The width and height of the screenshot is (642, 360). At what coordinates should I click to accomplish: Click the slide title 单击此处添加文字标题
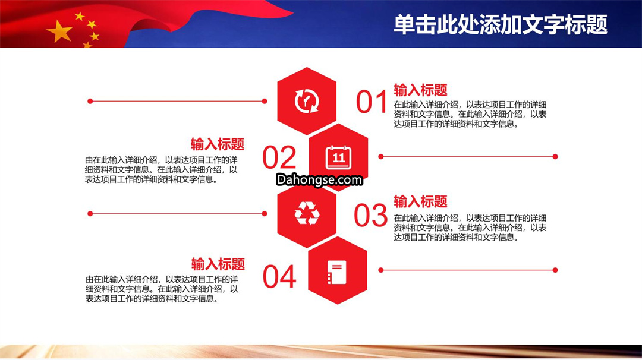click(x=501, y=24)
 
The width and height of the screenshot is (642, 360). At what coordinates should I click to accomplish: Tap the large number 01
click(x=372, y=102)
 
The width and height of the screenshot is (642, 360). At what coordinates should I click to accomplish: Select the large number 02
click(x=279, y=157)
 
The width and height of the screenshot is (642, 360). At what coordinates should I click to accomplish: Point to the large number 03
click(x=370, y=215)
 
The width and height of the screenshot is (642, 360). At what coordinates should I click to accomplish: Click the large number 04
click(x=279, y=277)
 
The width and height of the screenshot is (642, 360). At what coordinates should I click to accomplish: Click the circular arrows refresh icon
click(x=307, y=100)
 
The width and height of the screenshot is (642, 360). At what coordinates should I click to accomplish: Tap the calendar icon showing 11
click(x=338, y=157)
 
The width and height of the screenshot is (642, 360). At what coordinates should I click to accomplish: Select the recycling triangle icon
click(x=307, y=213)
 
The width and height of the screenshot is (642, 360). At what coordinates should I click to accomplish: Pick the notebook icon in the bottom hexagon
click(x=337, y=272)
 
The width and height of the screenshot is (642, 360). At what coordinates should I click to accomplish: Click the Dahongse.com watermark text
click(x=319, y=179)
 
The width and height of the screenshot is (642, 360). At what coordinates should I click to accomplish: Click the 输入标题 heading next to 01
click(x=420, y=90)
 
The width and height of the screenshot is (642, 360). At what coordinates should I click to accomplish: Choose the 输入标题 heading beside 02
click(x=218, y=144)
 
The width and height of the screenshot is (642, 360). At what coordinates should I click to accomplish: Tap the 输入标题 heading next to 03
click(x=420, y=201)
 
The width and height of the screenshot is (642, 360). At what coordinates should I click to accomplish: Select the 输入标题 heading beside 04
click(x=218, y=264)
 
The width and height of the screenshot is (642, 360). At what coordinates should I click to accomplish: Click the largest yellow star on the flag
click(x=60, y=31)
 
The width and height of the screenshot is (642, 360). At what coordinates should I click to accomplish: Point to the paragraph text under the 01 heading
click(x=470, y=114)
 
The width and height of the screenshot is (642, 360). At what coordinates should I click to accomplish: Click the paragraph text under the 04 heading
click(x=162, y=289)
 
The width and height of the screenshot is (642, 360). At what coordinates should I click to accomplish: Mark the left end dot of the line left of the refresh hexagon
click(x=90, y=101)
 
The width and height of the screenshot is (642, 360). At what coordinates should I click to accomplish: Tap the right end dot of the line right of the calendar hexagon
click(x=555, y=157)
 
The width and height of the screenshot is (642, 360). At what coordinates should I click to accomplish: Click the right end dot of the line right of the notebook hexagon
click(x=555, y=270)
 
